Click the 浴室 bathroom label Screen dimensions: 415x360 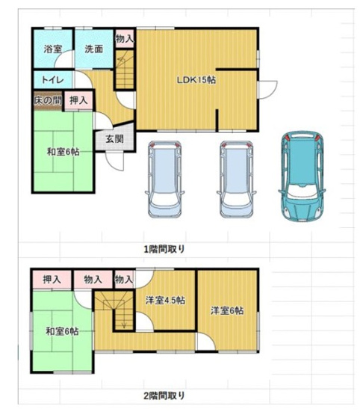click(52, 49)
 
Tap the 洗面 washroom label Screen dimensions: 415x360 click(93, 49)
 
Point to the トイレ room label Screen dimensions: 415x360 click(52, 80)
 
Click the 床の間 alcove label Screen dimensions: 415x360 click(48, 99)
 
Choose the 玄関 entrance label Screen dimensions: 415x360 click(114, 138)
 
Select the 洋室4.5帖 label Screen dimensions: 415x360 click(165, 300)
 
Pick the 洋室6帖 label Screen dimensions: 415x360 click(226, 311)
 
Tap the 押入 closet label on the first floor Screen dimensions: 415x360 click(78, 99)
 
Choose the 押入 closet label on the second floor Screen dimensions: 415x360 click(52, 279)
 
